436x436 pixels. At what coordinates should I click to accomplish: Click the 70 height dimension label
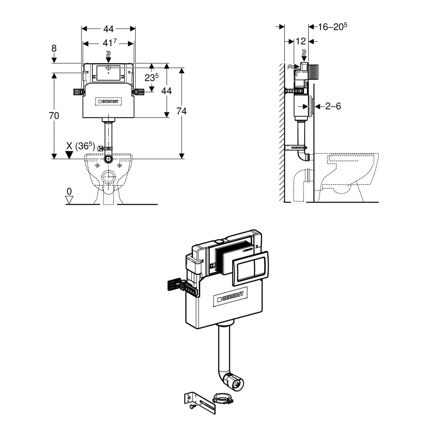pos(54,116)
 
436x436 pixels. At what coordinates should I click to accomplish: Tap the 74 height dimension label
pos(181,111)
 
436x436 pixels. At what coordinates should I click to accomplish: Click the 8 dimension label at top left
pos(54,48)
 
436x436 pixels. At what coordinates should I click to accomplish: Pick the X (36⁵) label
pos(80,146)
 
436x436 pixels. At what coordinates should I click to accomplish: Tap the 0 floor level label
pos(69,191)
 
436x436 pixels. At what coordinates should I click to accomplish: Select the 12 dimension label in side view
pos(301,41)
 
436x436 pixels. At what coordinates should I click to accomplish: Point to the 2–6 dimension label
pos(333,106)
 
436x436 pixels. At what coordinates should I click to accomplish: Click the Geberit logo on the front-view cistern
pos(109,102)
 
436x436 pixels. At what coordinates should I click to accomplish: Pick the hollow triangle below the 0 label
pos(69,200)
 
